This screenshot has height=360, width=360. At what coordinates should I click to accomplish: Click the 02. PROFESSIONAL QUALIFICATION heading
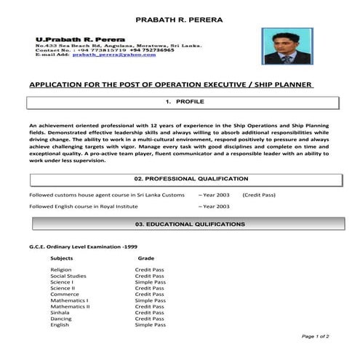point(191,178)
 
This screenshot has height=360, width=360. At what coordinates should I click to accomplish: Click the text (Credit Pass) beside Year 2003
point(260,196)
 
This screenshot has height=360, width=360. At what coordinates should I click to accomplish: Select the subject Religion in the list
point(61,270)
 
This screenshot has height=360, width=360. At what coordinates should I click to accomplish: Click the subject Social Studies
point(68,276)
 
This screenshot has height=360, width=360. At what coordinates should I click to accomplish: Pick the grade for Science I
point(151,282)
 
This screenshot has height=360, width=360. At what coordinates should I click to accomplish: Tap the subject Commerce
point(64,294)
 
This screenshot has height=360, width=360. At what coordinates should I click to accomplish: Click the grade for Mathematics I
point(151,300)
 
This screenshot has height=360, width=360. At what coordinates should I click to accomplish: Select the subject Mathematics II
point(70,306)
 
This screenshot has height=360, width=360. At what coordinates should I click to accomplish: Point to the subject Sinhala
point(60,313)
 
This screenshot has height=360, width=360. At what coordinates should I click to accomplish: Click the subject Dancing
point(61,319)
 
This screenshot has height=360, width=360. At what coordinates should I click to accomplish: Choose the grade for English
point(151,325)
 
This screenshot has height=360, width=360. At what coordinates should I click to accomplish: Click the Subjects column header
point(62,257)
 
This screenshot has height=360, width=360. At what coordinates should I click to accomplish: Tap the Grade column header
point(145,257)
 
